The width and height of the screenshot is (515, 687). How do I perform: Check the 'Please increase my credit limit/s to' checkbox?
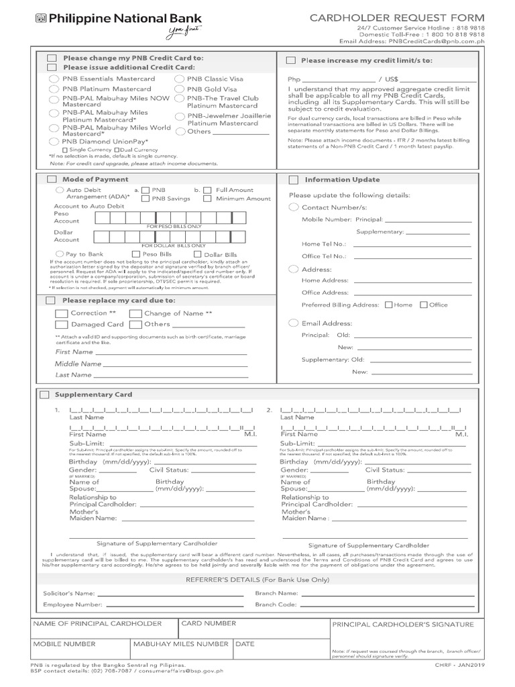pos(291,60)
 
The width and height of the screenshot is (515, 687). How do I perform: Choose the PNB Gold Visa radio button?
pos(179,89)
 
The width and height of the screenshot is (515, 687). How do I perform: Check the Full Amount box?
pos(207,191)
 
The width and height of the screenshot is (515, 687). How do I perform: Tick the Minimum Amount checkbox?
pos(207,199)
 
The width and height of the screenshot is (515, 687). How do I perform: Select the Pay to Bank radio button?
pos(60,254)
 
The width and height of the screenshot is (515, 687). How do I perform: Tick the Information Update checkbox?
pos(293,180)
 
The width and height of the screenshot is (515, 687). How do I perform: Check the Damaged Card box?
pos(61,325)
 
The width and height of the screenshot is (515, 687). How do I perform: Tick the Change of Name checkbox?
pos(135,314)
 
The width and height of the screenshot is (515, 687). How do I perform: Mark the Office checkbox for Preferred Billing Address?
pos(423,305)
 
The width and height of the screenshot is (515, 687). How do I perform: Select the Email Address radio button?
pos(293,323)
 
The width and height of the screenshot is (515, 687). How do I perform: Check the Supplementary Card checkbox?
pos(44,394)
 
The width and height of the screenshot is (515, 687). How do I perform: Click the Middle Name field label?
pos(78,364)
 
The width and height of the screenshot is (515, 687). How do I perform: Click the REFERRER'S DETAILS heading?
pos(257,579)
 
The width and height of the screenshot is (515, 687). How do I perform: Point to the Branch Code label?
pos(276,604)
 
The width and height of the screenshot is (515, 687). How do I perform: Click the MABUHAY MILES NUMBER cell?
pos(180,644)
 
